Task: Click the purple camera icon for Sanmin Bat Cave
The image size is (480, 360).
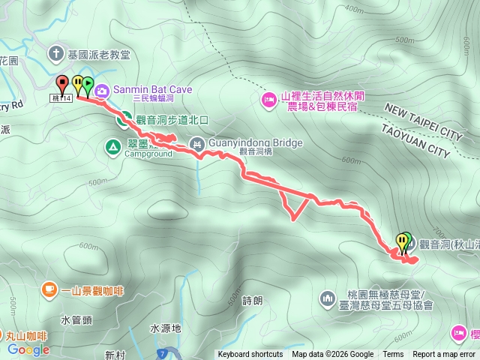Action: point(101,90)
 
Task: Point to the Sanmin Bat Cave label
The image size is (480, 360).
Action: point(153,89)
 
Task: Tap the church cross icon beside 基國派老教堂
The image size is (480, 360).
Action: point(56,54)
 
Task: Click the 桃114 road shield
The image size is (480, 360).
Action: point(62,97)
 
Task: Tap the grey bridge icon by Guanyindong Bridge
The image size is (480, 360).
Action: point(196,142)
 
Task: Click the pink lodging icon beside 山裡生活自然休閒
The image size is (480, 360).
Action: point(269,100)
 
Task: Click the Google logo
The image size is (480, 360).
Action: point(28,349)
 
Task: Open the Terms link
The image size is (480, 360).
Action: point(393,355)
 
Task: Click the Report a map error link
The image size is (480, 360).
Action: point(445,355)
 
